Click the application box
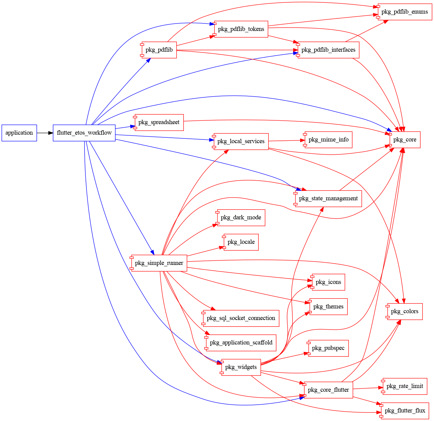point(19,133)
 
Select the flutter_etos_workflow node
point(84,133)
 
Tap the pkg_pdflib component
point(159,50)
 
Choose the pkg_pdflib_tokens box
point(241,29)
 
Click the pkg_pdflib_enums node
point(404,12)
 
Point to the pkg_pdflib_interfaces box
point(328,50)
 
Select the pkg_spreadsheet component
point(159,122)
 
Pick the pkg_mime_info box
point(328,140)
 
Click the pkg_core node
point(405,140)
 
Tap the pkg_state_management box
point(328,199)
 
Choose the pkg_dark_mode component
point(241,218)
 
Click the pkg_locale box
point(241,242)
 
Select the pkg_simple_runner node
point(159,263)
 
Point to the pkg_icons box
point(328,282)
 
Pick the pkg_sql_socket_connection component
point(241,318)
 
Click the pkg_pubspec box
point(328,348)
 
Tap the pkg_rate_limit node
point(404,386)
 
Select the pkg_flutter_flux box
point(405,411)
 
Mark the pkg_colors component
point(404,311)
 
